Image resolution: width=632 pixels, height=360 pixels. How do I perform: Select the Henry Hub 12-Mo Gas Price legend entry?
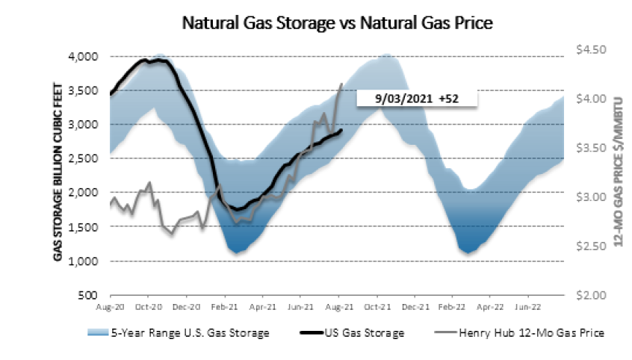click(519, 332)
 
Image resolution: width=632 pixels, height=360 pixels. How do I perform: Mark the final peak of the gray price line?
click(342, 84)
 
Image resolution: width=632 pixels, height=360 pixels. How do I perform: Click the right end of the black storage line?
click(342, 130)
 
